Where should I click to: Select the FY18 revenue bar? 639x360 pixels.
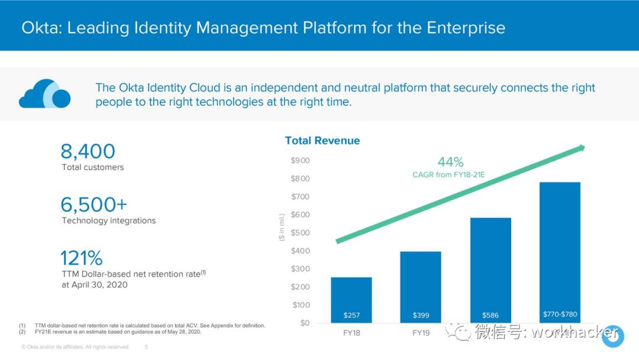coord(351,299)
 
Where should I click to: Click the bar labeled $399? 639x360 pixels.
coord(421,287)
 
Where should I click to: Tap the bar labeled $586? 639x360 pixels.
coord(490,269)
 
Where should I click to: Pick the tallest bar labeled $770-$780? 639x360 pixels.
coord(560,252)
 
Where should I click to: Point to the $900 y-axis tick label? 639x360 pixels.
coord(300,160)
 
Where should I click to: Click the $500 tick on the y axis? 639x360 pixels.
coord(300,233)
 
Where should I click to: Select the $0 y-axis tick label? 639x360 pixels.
coord(304,323)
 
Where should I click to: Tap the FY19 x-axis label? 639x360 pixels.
coord(421,333)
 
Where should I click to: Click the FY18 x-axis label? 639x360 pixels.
coord(351,333)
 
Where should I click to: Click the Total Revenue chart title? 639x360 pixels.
coord(322,140)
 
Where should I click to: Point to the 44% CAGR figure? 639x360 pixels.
coord(450,162)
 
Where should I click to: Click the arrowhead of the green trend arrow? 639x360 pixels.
coord(582,147)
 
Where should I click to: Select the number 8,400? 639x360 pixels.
coord(88,152)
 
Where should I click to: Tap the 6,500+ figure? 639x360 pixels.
coord(93,205)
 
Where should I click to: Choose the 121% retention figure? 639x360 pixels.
coord(81,258)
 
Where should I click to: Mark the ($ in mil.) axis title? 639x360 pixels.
coord(282,227)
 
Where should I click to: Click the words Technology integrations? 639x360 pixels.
coord(109,221)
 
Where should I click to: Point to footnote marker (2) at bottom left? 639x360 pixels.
coord(22,332)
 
